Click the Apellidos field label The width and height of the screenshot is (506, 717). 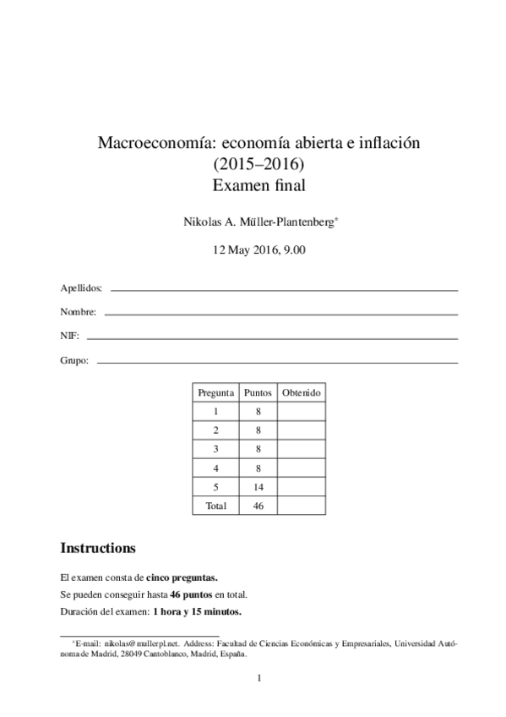(82, 288)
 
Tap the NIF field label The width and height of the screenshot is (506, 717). (69, 337)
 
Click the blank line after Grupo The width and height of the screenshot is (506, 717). (278, 363)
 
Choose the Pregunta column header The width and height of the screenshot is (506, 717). (215, 393)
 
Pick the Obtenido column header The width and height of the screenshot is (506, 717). (301, 393)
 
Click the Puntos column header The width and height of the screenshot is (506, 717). (258, 393)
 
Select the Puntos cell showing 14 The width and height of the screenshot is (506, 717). (258, 487)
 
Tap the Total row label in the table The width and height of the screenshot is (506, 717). (215, 506)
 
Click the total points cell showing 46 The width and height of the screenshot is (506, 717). (258, 506)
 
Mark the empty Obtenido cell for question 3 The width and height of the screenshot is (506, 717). (301, 449)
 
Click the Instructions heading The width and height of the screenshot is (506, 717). (98, 548)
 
